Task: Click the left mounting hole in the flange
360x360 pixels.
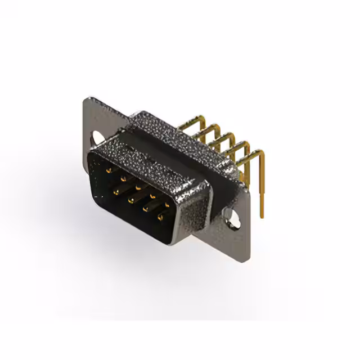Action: (98, 137)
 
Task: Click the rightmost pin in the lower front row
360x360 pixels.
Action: (162, 218)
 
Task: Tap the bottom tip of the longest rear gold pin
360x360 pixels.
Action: (262, 216)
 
